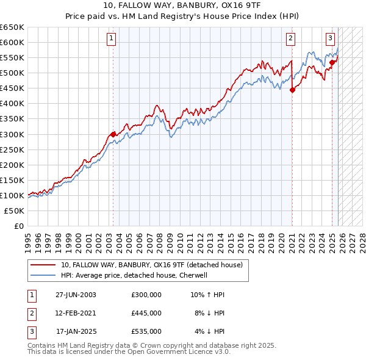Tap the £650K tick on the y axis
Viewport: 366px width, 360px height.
(x=12, y=27)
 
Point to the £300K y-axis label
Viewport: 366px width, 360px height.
(x=12, y=134)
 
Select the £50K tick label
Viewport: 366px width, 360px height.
(x=15, y=211)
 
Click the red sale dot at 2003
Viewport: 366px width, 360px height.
(x=113, y=134)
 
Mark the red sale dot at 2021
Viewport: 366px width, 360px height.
(x=292, y=90)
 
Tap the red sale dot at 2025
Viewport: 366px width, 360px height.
(x=332, y=62)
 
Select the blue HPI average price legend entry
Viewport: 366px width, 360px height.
(x=134, y=275)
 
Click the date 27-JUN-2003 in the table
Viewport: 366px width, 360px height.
(x=76, y=295)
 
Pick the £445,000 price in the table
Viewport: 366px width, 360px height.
(x=146, y=313)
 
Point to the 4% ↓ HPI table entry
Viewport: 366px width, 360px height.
(x=210, y=331)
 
